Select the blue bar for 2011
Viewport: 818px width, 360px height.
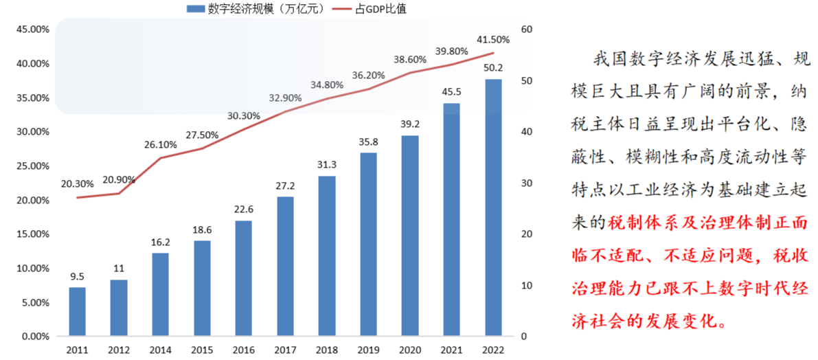click(x=77, y=311)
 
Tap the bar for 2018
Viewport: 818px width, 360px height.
click(x=326, y=256)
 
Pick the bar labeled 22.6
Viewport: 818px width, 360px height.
click(x=243, y=278)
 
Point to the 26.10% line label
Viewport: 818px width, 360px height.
click(x=161, y=145)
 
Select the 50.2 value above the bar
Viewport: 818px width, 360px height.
click(x=493, y=68)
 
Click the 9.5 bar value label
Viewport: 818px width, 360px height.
click(x=77, y=278)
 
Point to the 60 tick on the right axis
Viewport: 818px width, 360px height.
click(x=527, y=30)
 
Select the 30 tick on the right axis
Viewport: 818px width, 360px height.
click(x=527, y=183)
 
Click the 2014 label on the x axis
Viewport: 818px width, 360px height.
click(x=160, y=350)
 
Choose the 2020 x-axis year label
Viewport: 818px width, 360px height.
click(x=409, y=350)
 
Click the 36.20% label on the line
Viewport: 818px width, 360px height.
click(x=369, y=75)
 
